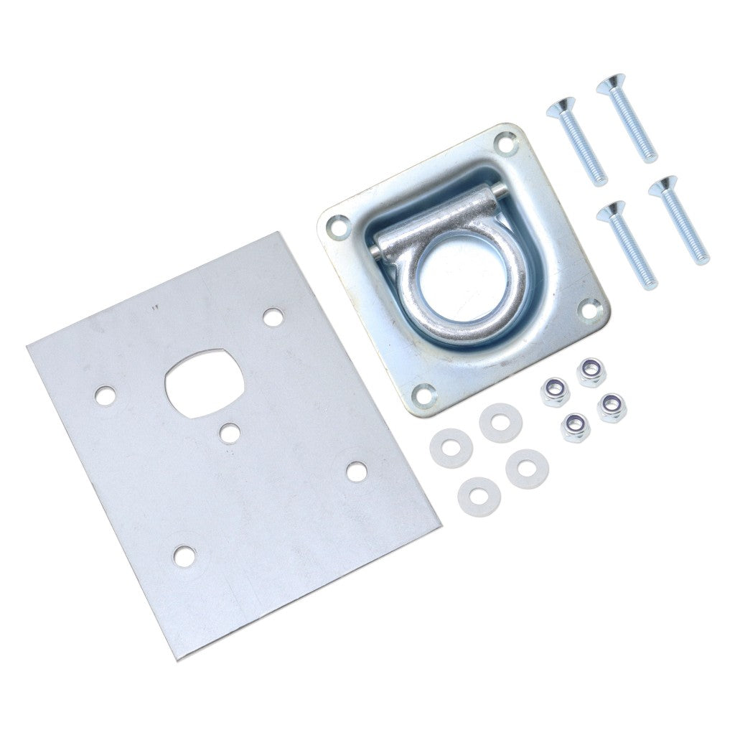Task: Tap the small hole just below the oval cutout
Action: (x=230, y=433)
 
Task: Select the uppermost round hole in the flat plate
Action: (x=272, y=317)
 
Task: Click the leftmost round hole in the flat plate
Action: (x=106, y=394)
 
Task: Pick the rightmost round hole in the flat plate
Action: (x=356, y=470)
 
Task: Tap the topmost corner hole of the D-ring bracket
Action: (x=507, y=144)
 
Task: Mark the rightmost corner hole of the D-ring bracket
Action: (x=588, y=309)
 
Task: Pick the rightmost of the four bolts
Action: (x=678, y=219)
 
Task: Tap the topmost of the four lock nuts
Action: (x=591, y=373)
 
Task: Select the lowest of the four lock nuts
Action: (x=576, y=427)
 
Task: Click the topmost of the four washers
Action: (x=500, y=423)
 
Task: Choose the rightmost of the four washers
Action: (x=527, y=469)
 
